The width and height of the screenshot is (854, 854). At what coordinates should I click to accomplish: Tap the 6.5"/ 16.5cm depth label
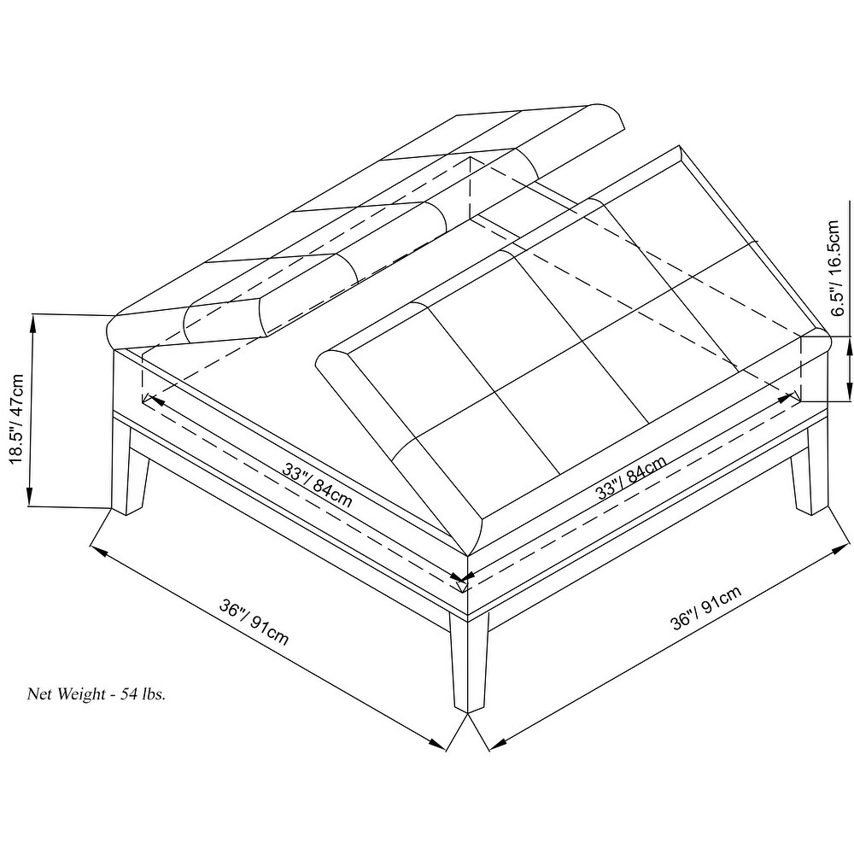[834, 267]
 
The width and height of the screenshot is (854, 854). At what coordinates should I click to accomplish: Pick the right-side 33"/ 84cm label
[631, 477]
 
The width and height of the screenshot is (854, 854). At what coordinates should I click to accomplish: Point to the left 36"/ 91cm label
[254, 622]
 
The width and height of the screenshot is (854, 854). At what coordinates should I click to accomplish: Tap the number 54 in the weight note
[129, 693]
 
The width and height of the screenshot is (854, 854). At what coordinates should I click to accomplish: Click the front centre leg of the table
[468, 662]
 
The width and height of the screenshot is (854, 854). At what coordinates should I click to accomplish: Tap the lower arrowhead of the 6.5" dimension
[849, 391]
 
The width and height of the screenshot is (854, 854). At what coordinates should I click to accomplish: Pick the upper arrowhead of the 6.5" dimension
[849, 347]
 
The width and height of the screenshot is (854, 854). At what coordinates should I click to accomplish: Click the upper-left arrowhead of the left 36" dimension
[98, 551]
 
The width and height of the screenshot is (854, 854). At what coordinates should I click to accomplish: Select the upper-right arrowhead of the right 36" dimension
[840, 548]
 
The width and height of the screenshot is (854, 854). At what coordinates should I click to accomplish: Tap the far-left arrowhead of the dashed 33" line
[152, 401]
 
